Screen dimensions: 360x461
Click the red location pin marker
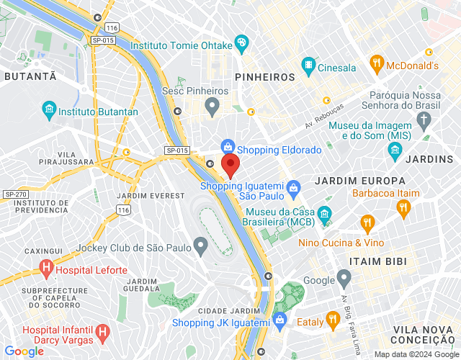(x=230, y=165)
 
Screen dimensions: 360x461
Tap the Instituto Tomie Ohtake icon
(x=241, y=42)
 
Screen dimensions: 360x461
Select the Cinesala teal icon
(x=309, y=66)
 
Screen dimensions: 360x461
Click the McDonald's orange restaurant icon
(x=377, y=63)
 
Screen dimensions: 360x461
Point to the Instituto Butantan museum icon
(x=49, y=112)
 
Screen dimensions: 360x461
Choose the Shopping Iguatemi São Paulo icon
(x=293, y=189)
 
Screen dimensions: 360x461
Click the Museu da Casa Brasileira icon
(x=324, y=214)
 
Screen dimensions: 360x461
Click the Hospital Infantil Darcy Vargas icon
(x=103, y=333)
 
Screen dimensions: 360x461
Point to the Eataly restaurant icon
(x=332, y=318)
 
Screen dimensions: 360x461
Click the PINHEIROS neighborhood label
(x=264, y=76)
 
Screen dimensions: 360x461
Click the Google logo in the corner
(x=24, y=351)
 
